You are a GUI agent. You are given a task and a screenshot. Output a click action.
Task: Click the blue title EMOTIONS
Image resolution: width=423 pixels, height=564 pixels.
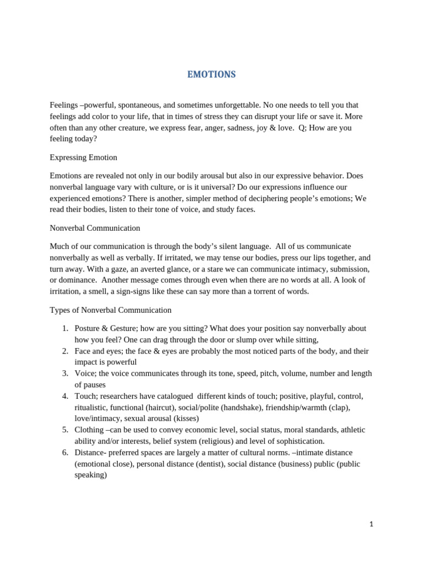pyautogui.click(x=211, y=74)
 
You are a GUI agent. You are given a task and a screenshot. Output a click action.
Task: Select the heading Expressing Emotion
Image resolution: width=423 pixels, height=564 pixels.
pyautogui.click(x=83, y=158)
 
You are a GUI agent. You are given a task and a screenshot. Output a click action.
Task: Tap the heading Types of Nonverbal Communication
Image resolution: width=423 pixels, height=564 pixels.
pyautogui.click(x=110, y=310)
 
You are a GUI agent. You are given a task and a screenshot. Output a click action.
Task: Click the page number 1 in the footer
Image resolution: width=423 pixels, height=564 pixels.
pyautogui.click(x=372, y=524)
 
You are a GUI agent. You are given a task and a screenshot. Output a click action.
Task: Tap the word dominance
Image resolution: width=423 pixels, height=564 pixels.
pyautogui.click(x=79, y=280)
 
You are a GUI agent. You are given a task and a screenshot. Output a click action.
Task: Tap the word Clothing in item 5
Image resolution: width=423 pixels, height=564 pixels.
pyautogui.click(x=89, y=430)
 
